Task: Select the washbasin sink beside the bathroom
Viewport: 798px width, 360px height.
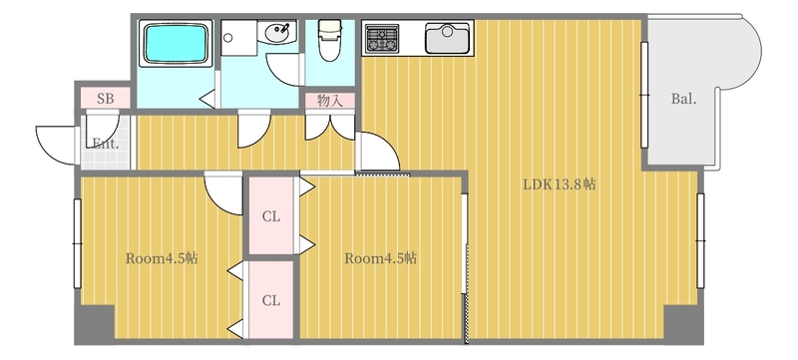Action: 277,33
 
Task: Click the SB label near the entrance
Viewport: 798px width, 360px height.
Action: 106,99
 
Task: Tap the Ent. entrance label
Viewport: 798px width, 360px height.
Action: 106,144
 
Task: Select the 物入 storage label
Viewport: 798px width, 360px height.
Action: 330,101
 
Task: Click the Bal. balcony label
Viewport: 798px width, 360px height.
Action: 683,99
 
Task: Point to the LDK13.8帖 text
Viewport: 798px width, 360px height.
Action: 560,184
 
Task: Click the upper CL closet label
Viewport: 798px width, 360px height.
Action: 271,217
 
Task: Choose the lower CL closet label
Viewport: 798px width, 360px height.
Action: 271,301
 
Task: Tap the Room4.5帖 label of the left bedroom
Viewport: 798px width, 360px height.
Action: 162,258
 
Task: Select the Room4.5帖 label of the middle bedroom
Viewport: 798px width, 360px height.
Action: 381,258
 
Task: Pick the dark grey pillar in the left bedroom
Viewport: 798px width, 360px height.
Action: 95,324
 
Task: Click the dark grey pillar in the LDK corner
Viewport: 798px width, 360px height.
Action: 683,324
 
